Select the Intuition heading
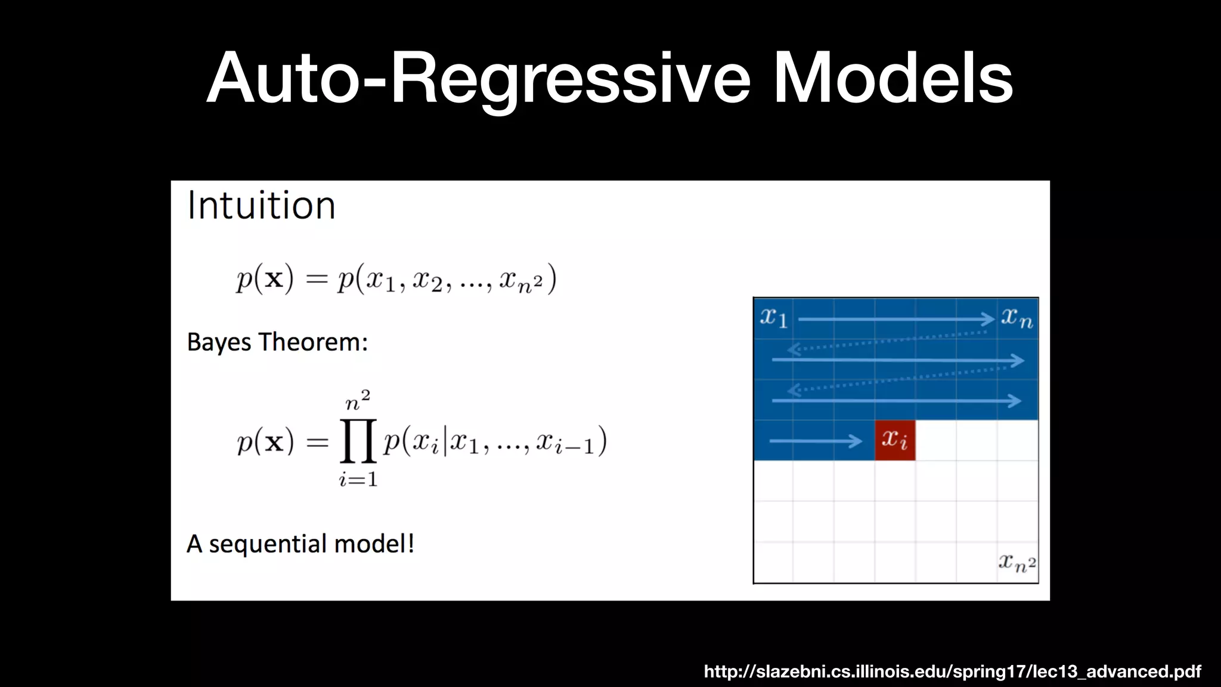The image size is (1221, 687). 261,206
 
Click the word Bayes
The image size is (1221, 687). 219,343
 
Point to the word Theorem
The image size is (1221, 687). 313,342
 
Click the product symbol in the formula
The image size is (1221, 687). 358,441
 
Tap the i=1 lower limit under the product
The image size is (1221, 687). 358,479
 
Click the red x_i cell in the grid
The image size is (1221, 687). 895,440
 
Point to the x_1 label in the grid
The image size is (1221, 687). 774,317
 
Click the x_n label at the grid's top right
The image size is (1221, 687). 1017,317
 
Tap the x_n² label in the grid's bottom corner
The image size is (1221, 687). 1017,562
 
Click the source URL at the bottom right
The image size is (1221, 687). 952,671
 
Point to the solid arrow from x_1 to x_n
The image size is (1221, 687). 894,320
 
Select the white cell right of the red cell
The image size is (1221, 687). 935,440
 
